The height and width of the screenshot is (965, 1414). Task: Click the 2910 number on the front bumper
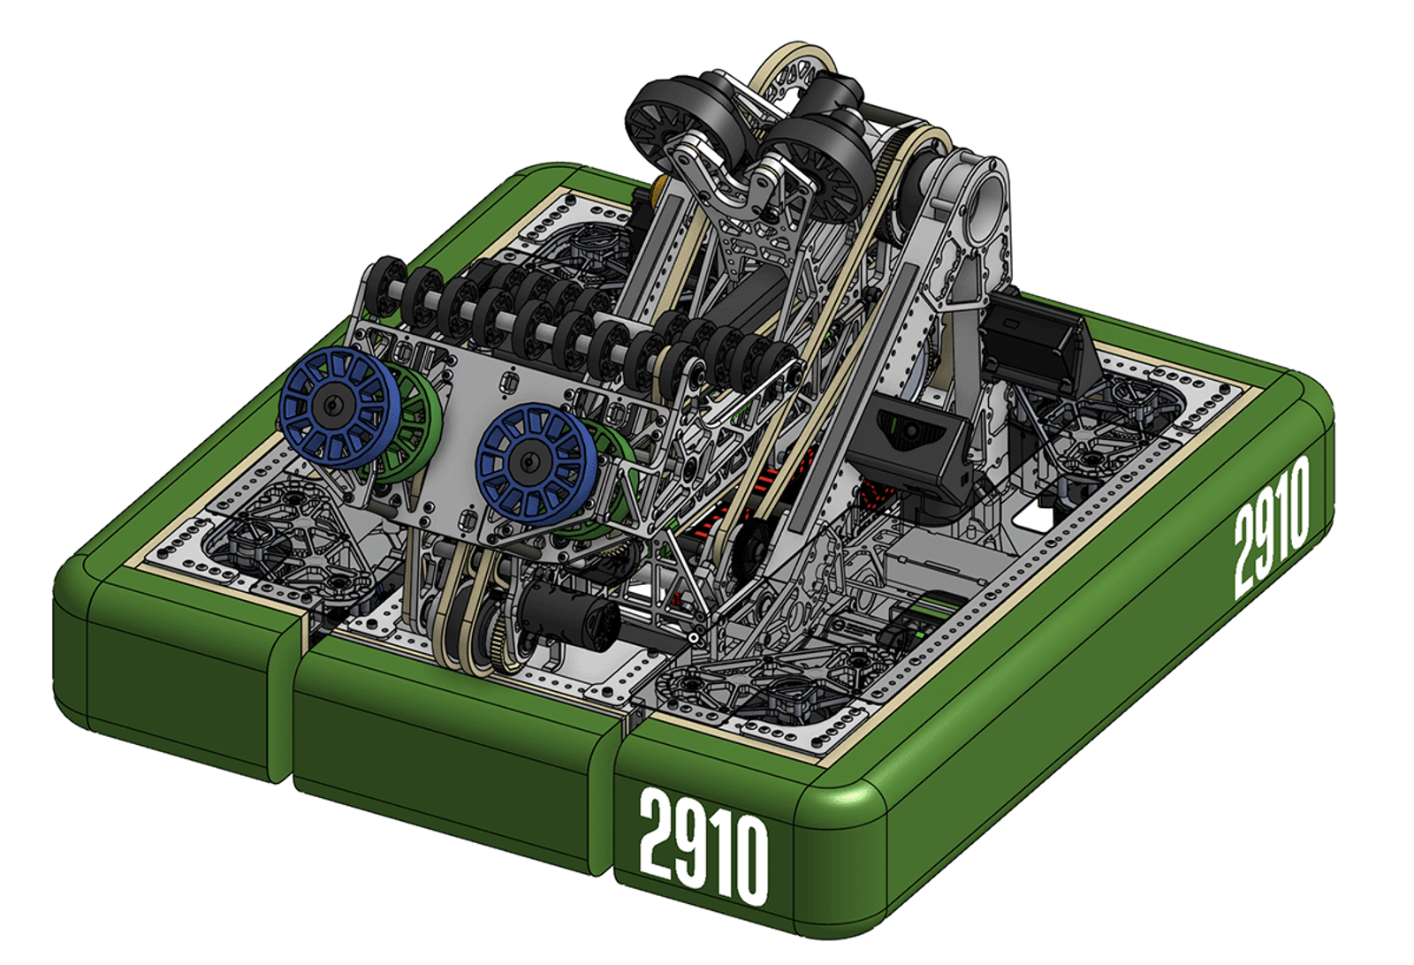pyautogui.click(x=703, y=847)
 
